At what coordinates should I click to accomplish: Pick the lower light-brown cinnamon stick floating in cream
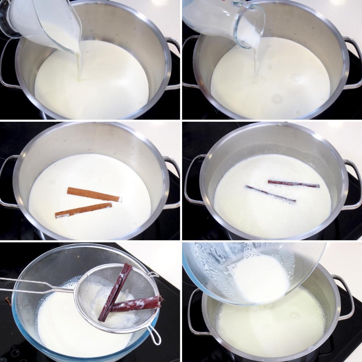click(84, 210)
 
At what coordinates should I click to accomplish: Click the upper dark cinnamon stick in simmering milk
click(293, 184)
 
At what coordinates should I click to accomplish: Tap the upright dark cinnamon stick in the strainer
click(115, 291)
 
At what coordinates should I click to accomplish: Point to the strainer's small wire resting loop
click(155, 335)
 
